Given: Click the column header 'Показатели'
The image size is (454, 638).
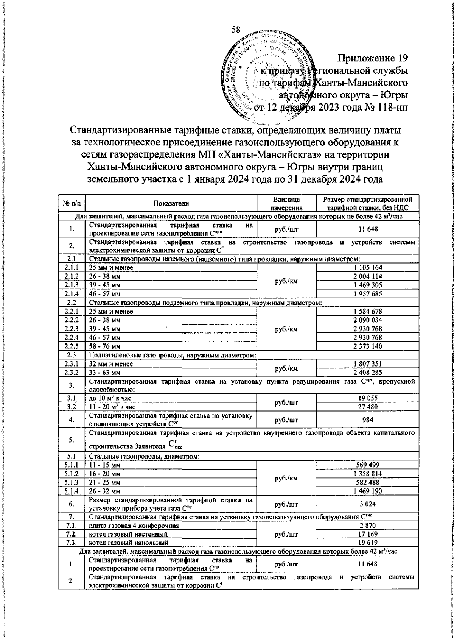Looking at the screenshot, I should [171, 203].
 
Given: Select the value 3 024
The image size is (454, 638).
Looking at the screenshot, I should [367, 504].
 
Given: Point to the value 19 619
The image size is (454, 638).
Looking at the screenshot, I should [367, 543].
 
